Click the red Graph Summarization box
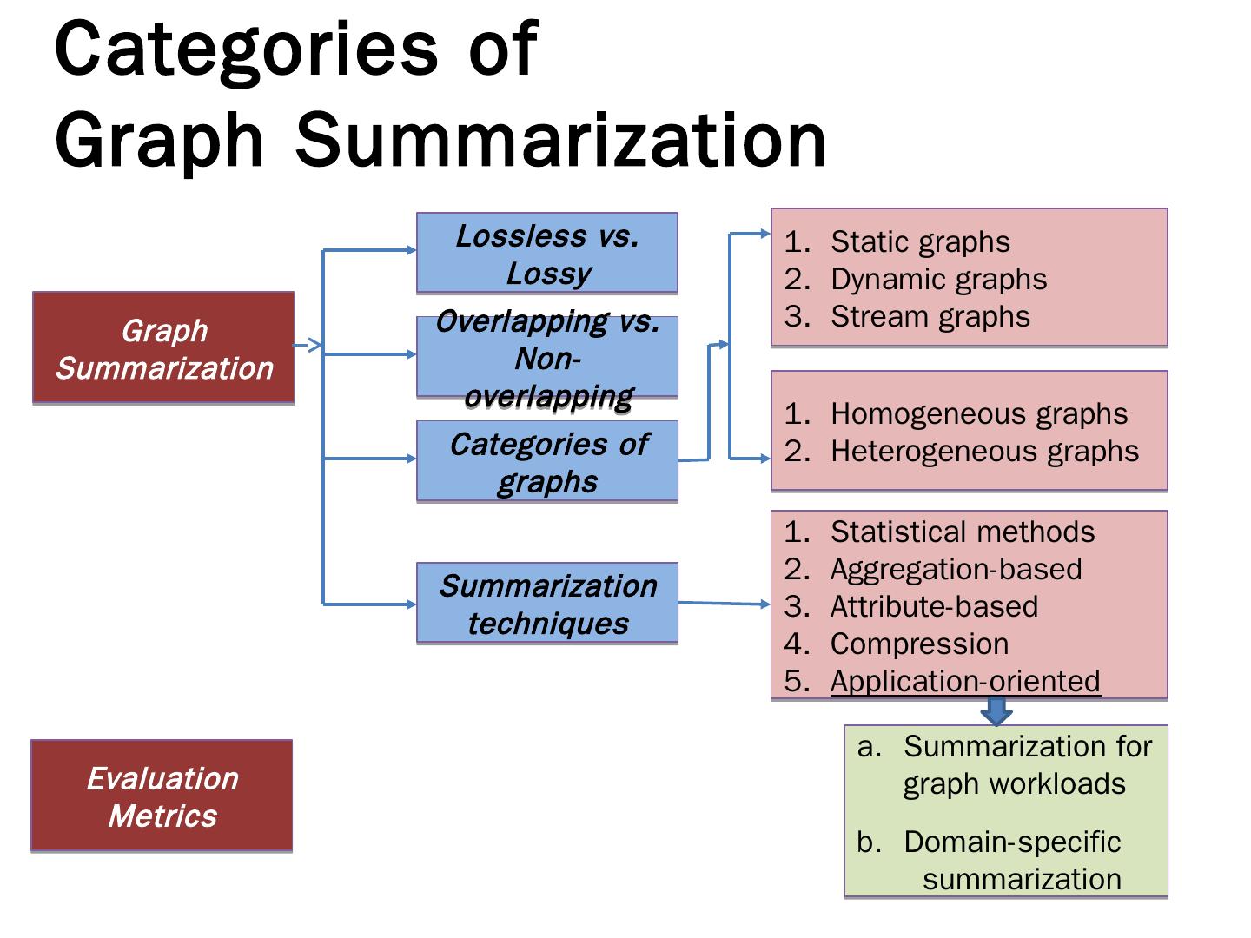point(163,348)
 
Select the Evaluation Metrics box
point(162,796)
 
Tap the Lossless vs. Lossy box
point(546,253)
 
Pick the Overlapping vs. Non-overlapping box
point(546,357)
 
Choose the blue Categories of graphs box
point(546,461)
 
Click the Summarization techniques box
point(546,604)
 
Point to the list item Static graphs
point(919,241)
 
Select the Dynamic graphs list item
point(937,279)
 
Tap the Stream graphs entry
point(930,316)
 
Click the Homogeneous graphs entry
point(978,413)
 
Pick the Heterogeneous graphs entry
point(983,451)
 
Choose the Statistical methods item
point(962,532)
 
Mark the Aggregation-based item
point(956,569)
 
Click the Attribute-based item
point(934,606)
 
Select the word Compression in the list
point(919,644)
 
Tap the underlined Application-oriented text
point(964,681)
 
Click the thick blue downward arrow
point(996,713)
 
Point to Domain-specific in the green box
point(1011,842)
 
